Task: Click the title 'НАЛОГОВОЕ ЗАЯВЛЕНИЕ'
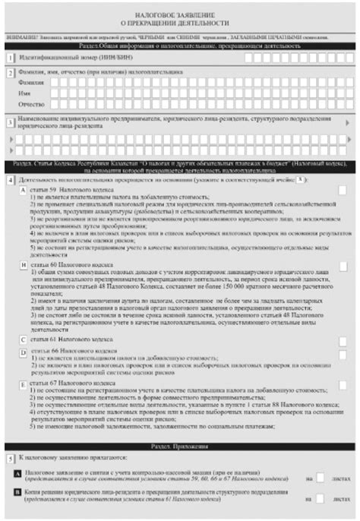[x=180, y=15]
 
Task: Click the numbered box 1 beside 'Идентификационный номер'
[x=10, y=58]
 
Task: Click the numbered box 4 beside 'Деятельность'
[x=10, y=180]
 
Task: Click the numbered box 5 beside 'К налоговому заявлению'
[x=10, y=459]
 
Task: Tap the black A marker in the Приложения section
[x=17, y=473]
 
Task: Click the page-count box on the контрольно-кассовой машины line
[x=321, y=477]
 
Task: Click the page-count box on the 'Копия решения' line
[x=321, y=498]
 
